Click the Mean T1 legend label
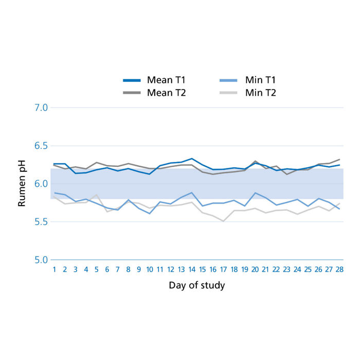[x=166, y=80]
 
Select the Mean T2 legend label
[x=166, y=93]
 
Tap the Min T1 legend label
[x=260, y=80]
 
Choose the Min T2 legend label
[x=260, y=93]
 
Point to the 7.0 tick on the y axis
[x=41, y=107]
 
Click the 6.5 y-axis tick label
[x=41, y=146]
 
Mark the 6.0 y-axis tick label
[x=41, y=184]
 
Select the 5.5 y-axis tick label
[x=41, y=222]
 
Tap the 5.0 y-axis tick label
[x=41, y=260]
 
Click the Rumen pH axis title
[x=22, y=184]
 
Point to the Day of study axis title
[x=196, y=285]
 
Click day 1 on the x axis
[x=54, y=269]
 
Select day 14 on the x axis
[x=192, y=269]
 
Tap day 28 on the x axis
[x=339, y=269]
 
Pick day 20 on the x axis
[x=255, y=269]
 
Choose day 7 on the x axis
[x=118, y=269]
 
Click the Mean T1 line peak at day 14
[x=192, y=158]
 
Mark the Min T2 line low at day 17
[x=223, y=221]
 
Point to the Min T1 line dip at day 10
[x=149, y=213]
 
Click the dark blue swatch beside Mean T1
[x=132, y=81]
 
